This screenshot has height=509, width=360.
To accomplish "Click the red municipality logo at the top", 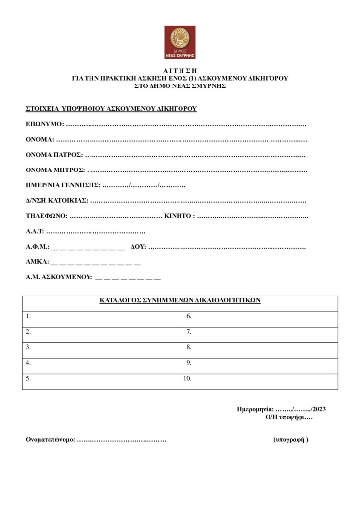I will coord(180,42).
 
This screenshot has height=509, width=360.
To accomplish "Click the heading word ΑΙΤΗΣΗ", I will coord(180,71).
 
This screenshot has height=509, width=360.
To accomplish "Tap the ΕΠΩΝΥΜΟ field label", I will coord(44,124).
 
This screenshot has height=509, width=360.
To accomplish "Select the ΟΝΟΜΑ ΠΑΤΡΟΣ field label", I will coord(54,155).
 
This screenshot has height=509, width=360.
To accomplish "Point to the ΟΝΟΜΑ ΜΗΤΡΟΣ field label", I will coord(55,170).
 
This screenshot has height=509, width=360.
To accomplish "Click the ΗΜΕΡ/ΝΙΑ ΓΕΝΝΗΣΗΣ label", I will coord(63,185).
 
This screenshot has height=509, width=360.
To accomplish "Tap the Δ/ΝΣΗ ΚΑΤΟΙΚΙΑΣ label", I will coord(57,201).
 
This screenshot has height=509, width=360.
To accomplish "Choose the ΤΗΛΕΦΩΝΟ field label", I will coord(46,216).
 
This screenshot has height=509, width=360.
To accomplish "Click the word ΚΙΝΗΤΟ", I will coord(179,216).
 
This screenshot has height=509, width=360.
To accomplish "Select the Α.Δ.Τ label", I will coord(35,232).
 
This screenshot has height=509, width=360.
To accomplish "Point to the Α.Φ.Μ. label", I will coord(37,247).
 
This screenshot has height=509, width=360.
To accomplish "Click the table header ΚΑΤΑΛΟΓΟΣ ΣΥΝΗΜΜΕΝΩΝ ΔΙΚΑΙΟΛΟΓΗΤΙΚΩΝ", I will coord(180,301).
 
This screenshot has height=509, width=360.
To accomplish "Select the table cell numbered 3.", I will coord(101,347).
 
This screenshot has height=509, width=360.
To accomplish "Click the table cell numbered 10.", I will coord(259,379).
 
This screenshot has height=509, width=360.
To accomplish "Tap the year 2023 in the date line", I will coord(318,409).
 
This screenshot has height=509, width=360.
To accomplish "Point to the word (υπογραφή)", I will coord(291,440).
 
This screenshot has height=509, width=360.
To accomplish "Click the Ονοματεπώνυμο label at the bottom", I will coord(50,440).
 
